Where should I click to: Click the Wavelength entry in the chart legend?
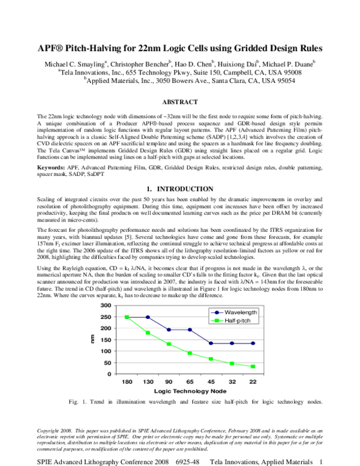235,312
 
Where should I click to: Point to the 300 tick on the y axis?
107,306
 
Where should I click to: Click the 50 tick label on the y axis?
109,363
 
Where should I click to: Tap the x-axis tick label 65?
190,381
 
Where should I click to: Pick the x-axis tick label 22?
253,381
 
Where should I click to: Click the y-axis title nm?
92,340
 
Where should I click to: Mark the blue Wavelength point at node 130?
148,317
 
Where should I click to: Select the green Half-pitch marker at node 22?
253,366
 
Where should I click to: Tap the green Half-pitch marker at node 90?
169,344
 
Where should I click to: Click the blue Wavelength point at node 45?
211,343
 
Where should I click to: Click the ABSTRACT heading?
180,103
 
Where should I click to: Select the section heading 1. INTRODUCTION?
180,189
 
